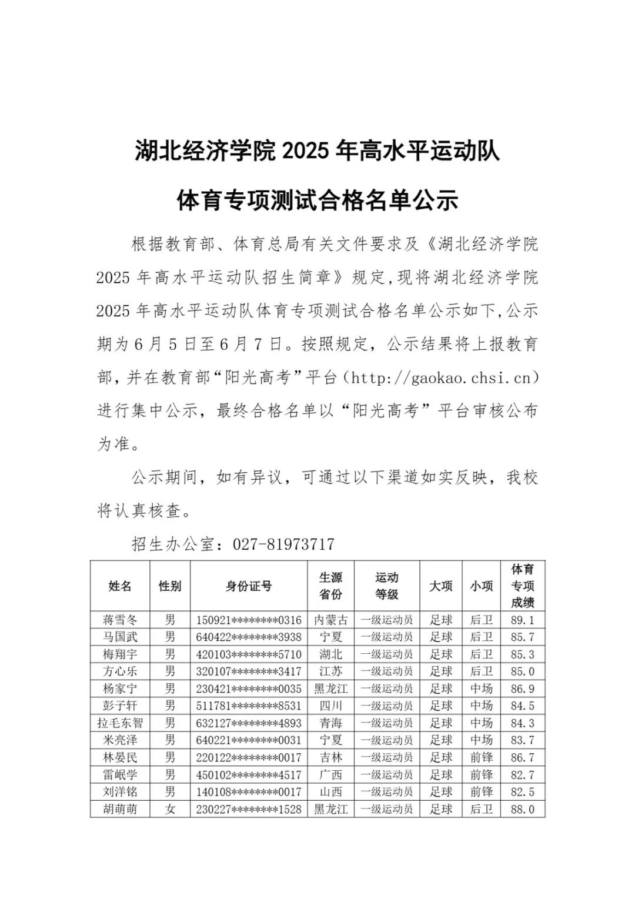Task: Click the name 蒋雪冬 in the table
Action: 120,620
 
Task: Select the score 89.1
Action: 523,620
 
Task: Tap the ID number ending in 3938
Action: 249,637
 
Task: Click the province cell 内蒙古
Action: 331,620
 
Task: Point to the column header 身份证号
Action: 249,586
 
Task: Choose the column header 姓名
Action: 120,586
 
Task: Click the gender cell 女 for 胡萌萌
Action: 170,809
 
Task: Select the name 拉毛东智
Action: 120,723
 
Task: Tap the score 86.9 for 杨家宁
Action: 523,689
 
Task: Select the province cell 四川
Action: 331,706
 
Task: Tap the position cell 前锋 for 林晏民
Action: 481,757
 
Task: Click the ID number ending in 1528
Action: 249,809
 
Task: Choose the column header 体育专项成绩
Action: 523,586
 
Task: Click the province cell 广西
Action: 331,774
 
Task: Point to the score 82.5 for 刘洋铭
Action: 523,792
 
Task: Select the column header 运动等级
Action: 387,586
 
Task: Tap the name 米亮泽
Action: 120,740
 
